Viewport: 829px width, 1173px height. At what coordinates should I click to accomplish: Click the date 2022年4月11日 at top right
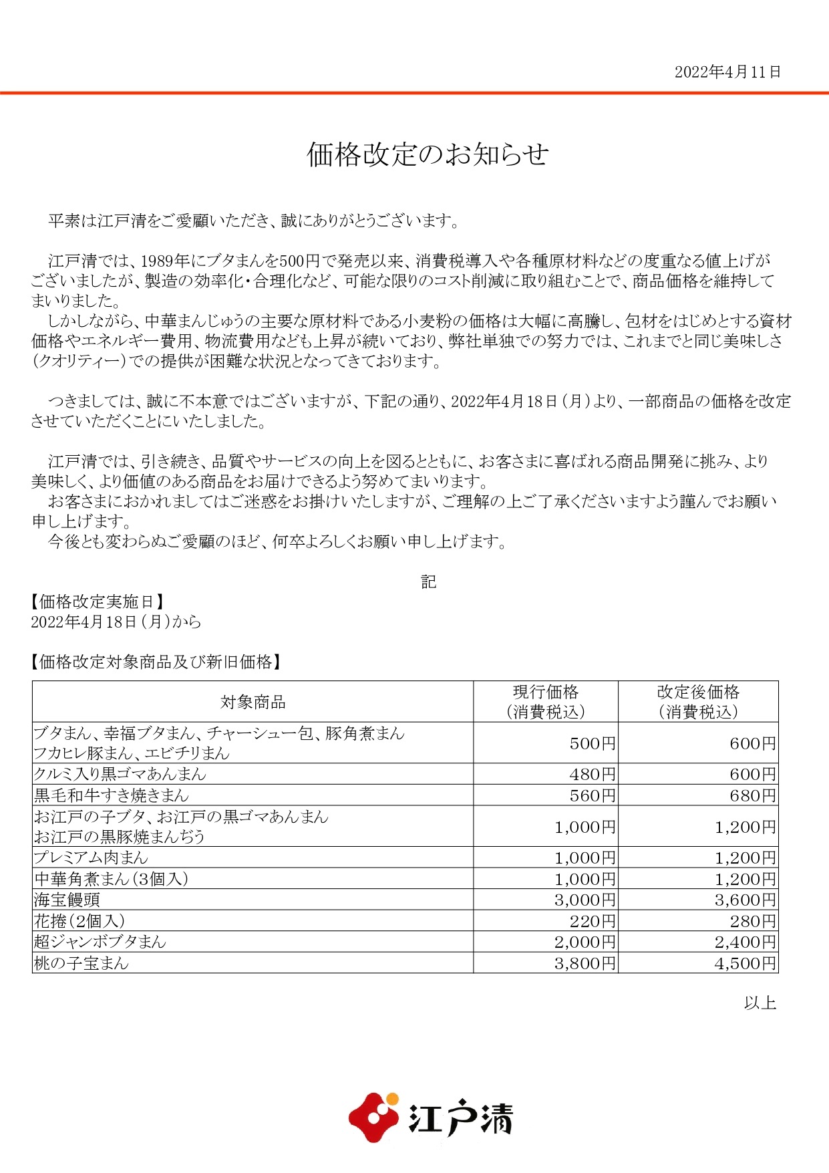tap(727, 72)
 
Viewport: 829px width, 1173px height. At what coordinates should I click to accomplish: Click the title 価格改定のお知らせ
tap(428, 154)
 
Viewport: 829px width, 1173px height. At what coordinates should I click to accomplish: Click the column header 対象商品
tap(253, 702)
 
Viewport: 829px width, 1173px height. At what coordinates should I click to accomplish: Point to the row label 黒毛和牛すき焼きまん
tap(112, 795)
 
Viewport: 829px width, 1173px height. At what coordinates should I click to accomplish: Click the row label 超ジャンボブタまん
tap(100, 942)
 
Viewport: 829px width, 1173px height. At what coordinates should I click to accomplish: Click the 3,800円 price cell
tap(585, 963)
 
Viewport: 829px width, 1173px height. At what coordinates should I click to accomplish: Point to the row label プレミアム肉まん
tap(91, 858)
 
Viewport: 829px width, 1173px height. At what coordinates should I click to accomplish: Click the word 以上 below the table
tap(760, 1003)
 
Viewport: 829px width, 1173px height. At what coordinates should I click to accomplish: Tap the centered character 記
tap(428, 581)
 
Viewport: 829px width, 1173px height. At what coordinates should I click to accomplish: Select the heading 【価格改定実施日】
tap(98, 602)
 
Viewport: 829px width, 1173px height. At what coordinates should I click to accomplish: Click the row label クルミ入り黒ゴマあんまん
tap(120, 775)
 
